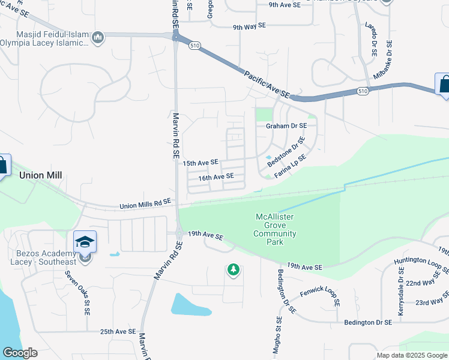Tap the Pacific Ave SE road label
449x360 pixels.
pyautogui.click(x=267, y=85)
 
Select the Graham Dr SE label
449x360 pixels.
pyautogui.click(x=286, y=126)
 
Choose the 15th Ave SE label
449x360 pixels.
pyautogui.click(x=200, y=163)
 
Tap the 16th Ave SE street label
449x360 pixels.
pyautogui.click(x=216, y=177)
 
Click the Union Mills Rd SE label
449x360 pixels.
pyautogui.click(x=145, y=205)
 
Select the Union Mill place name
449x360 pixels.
pyautogui.click(x=41, y=175)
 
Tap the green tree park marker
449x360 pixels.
pyautogui.click(x=233, y=271)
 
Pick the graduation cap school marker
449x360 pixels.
pyautogui.click(x=85, y=242)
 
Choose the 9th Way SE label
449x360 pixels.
pyautogui.click(x=249, y=27)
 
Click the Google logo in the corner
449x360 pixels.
pyautogui.click(x=20, y=353)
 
